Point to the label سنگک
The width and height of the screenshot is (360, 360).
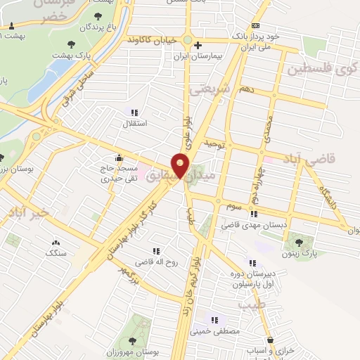tap(57, 250)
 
